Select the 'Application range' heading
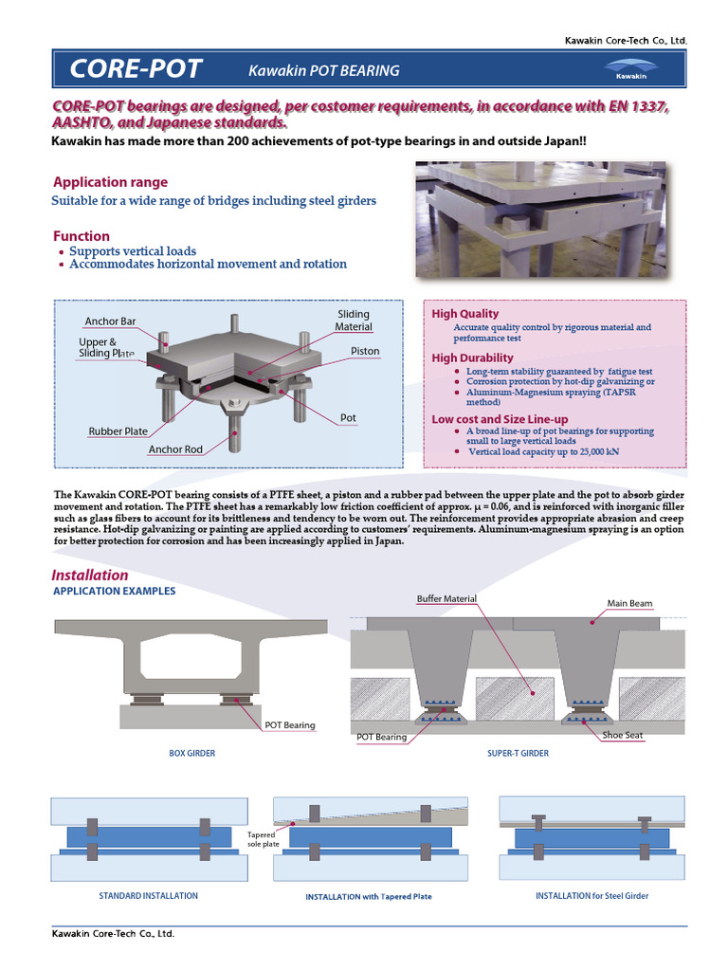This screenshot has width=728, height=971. pos(110,182)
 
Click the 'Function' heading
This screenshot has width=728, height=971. pos(82,236)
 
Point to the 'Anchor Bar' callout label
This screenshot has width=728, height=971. pos(110,321)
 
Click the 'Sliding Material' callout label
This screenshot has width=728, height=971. pos(353,321)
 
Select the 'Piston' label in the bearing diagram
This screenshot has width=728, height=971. pos(365,351)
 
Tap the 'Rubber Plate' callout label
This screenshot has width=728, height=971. pos(118,431)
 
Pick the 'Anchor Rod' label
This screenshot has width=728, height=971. pos(175,449)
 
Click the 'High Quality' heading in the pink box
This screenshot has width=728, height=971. pos(464,314)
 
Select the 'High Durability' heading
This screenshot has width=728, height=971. pos(472,357)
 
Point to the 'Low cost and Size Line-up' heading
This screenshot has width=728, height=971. pos(500,418)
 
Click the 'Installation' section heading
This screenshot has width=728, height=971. pos(90,575)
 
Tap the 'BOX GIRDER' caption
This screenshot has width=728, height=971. pos(191,753)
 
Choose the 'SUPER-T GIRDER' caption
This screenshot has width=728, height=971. pos(518,753)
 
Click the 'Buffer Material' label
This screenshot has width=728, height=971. pos(446,599)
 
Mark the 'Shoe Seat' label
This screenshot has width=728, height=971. pos(622,735)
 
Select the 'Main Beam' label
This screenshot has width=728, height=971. pos(629,603)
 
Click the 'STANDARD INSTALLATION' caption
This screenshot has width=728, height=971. pos(149,895)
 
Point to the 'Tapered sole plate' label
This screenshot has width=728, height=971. pos(261,838)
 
